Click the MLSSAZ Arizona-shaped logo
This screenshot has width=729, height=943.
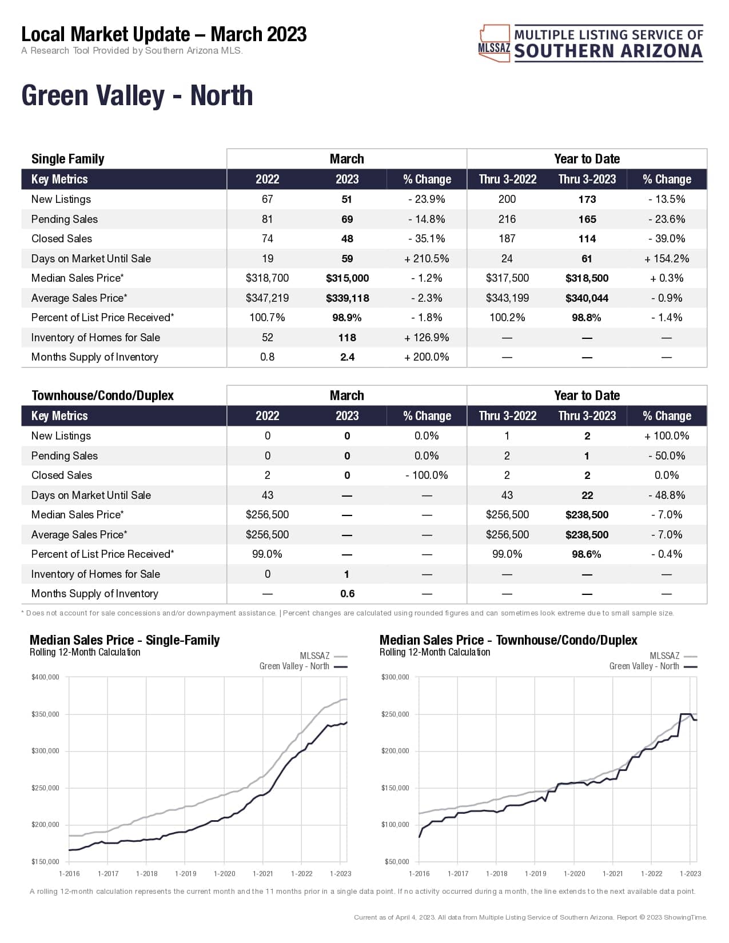[x=494, y=43]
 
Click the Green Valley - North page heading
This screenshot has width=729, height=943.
[x=137, y=95]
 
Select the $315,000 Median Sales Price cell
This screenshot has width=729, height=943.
[x=347, y=278]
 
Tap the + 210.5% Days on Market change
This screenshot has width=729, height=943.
[x=427, y=259]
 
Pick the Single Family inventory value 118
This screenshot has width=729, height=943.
[x=347, y=338]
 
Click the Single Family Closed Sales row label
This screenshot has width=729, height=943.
[x=62, y=239]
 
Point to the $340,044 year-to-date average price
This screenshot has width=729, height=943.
[x=587, y=298]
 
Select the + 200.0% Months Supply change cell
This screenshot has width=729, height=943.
[x=427, y=357]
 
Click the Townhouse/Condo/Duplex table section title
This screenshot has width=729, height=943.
[x=102, y=395]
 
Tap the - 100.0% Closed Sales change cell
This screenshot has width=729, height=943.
[x=427, y=476]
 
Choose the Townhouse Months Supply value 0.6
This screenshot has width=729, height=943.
[x=347, y=594]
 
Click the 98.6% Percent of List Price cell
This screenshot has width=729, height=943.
[x=587, y=554]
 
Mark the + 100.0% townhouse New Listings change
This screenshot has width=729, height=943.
[x=667, y=436]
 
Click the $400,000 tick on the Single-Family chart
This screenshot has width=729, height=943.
[x=45, y=677]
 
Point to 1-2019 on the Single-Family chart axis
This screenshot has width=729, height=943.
[x=185, y=874]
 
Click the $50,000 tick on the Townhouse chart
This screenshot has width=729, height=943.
[x=396, y=862]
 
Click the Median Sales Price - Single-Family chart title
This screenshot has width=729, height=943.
[x=125, y=640]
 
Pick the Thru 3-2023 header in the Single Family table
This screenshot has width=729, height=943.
[x=587, y=179]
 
